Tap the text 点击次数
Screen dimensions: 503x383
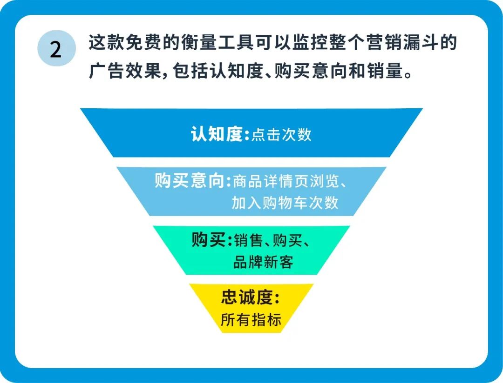pyautogui.click(x=281, y=135)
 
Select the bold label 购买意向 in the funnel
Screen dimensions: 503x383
pyautogui.click(x=191, y=181)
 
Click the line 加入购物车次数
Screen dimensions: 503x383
pyautogui.click(x=285, y=203)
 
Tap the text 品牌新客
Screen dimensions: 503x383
pyautogui.click(x=263, y=262)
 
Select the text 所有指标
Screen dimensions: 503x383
pyautogui.click(x=251, y=320)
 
